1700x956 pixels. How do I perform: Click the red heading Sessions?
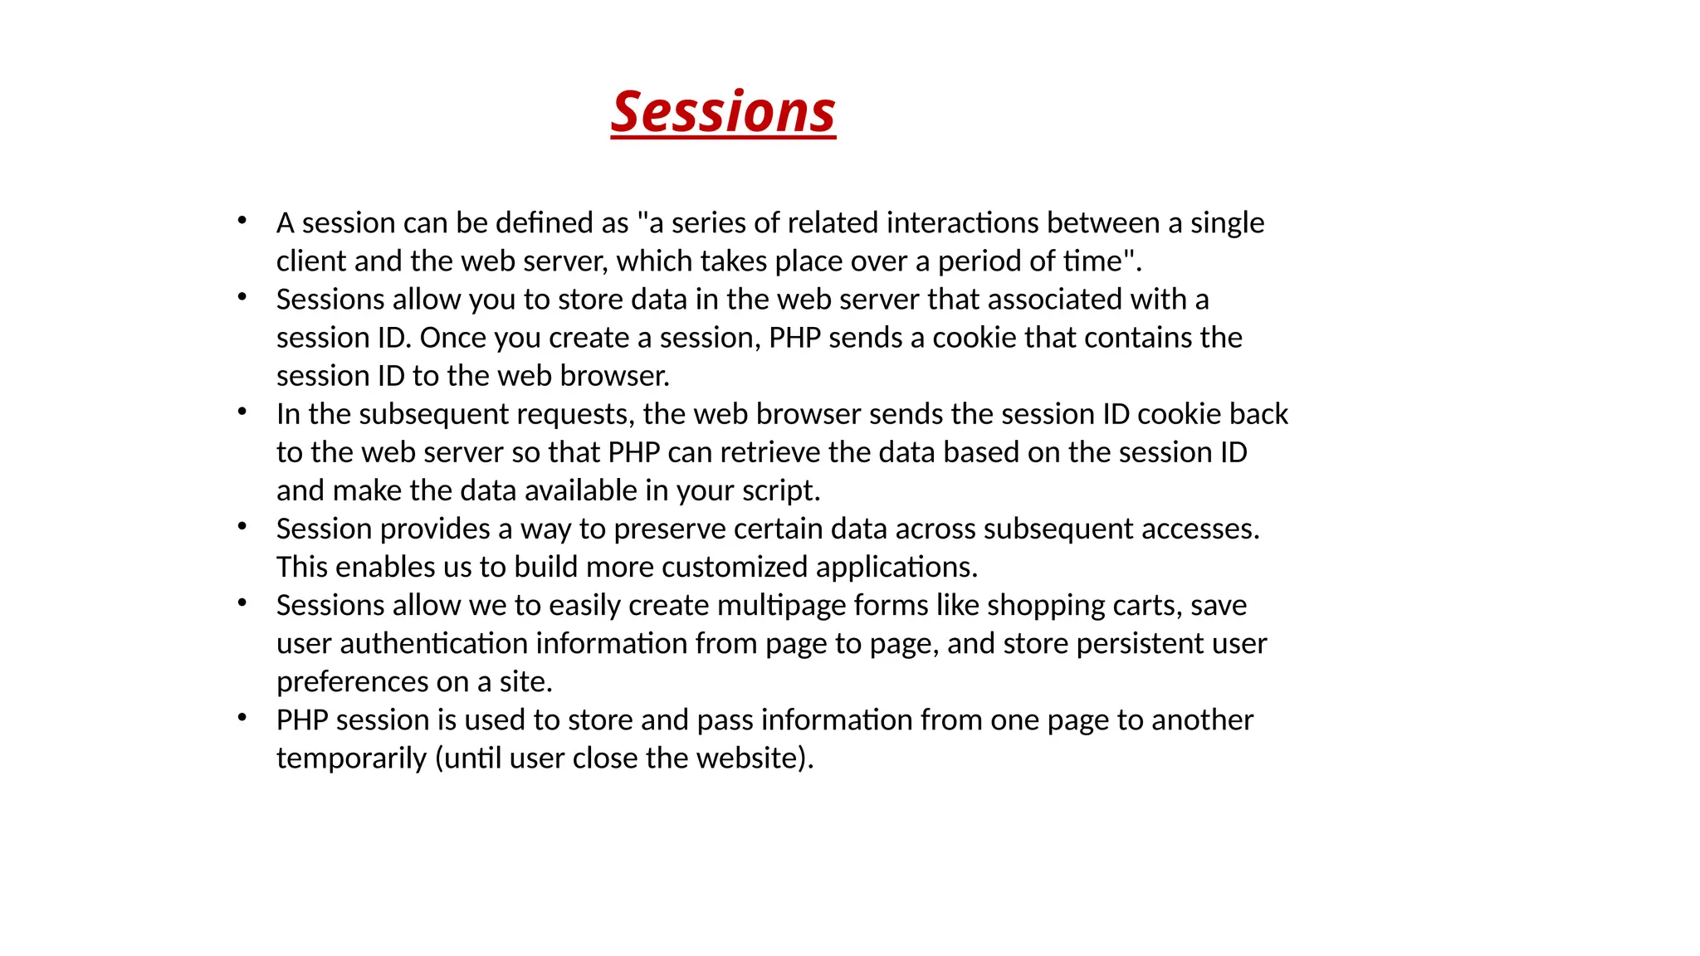(x=723, y=111)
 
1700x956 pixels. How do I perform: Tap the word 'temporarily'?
(x=351, y=758)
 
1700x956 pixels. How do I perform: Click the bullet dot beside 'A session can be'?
(x=242, y=221)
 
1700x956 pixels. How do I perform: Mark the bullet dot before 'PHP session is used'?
(x=242, y=718)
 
